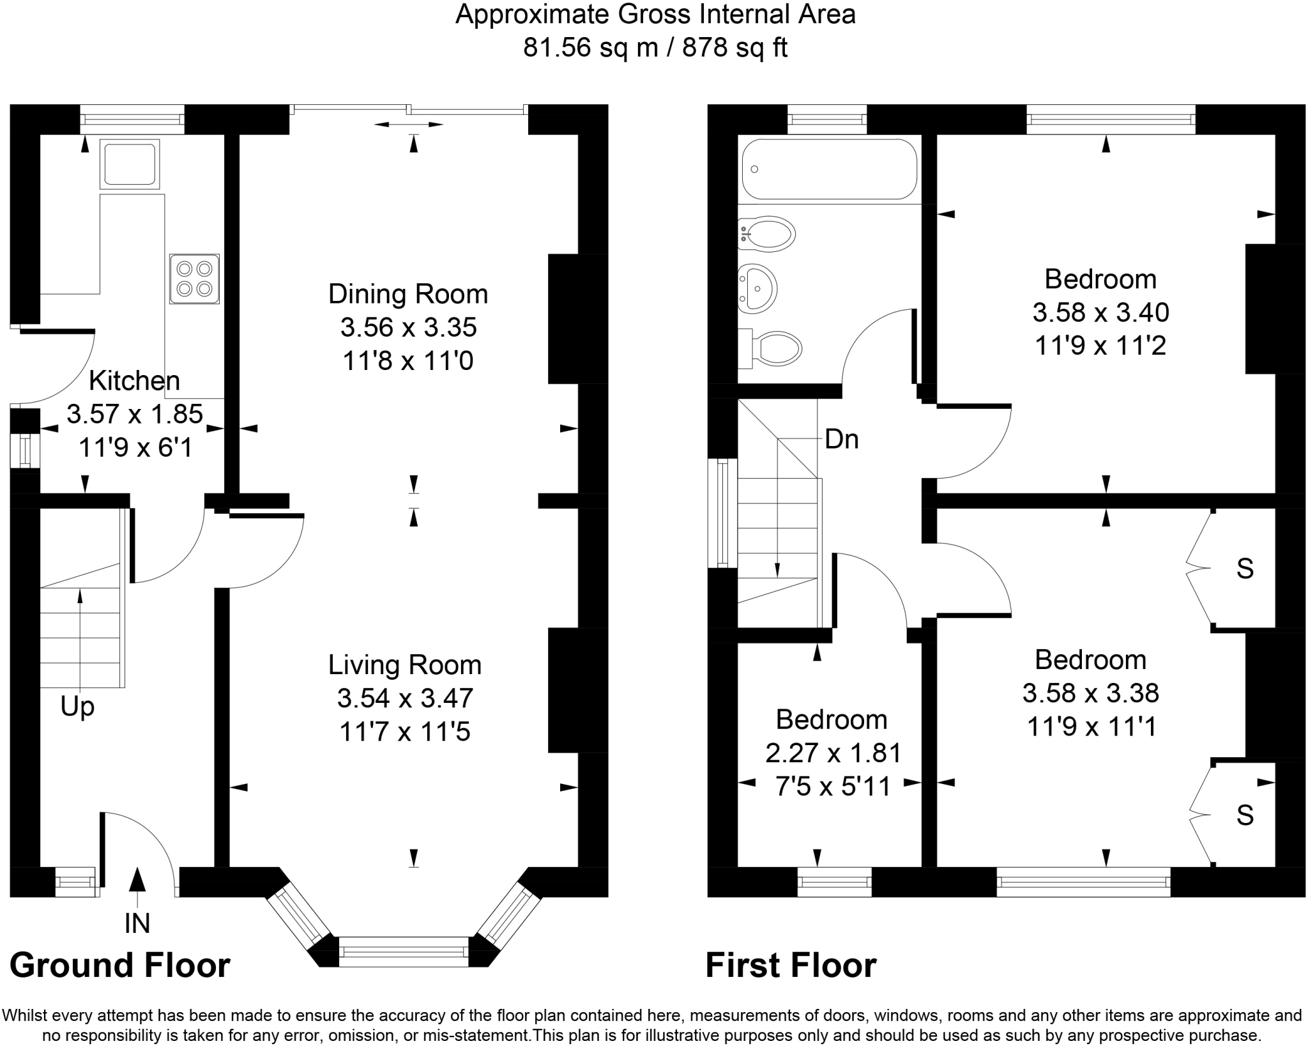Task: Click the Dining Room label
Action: pyautogui.click(x=408, y=294)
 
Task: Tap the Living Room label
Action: pyautogui.click(x=405, y=665)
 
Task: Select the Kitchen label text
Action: pyautogui.click(x=134, y=381)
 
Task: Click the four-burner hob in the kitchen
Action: pyautogui.click(x=195, y=279)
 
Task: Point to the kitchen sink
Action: pyautogui.click(x=130, y=164)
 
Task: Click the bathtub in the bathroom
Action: pyautogui.click(x=829, y=169)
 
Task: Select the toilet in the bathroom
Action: pyautogui.click(x=770, y=349)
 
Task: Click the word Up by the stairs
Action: pyautogui.click(x=77, y=707)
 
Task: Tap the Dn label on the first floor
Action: pyautogui.click(x=842, y=440)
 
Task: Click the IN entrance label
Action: pyautogui.click(x=137, y=923)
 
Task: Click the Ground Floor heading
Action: pyautogui.click(x=120, y=965)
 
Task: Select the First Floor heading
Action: pyautogui.click(x=791, y=965)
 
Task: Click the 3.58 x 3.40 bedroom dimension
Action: pyautogui.click(x=1101, y=312)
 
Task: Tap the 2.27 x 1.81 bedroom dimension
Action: pyautogui.click(x=833, y=753)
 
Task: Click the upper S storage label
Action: pyautogui.click(x=1245, y=569)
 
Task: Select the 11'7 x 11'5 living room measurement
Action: pyautogui.click(x=405, y=732)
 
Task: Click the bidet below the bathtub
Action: pyautogui.click(x=766, y=235)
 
